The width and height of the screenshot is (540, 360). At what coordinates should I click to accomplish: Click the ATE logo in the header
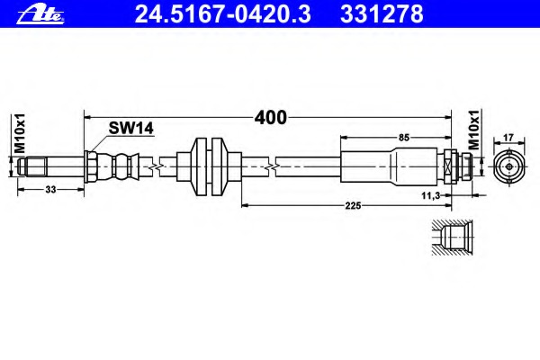point(40,14)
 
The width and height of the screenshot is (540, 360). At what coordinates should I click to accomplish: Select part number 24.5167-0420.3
point(223,14)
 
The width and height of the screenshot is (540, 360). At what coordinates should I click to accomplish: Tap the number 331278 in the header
point(382,14)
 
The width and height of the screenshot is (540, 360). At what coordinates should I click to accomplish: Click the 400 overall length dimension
point(270,118)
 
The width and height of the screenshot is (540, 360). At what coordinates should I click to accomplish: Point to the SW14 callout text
point(130,129)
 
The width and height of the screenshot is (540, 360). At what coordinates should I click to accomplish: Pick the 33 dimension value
point(50,190)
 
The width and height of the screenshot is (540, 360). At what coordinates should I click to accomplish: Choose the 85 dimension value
point(403,138)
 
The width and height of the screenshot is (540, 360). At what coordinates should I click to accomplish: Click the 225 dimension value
point(353,206)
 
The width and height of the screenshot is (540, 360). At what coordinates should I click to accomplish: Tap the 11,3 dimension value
point(431,196)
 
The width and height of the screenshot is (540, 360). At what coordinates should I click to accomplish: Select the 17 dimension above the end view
point(508,138)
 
